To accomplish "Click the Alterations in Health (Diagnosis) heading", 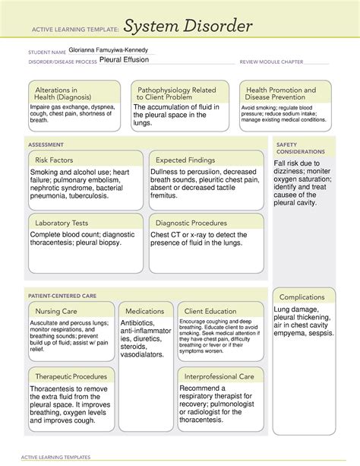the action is tap(61, 94).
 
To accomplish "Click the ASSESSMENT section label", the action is tap(46, 144).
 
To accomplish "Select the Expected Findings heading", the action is tap(187, 160).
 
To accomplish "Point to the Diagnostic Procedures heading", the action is tap(191, 223).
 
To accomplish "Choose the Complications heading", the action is tap(302, 296).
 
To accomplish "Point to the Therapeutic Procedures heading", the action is tap(73, 376).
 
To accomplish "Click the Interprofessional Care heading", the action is tap(221, 376).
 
